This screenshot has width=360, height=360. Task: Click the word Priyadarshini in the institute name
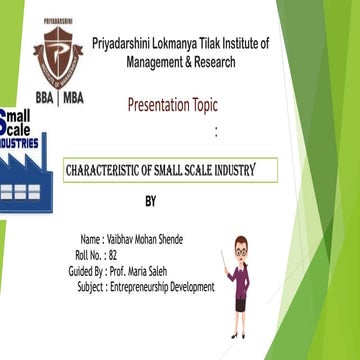[x=125, y=43]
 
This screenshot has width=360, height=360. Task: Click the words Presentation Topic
[x=172, y=105]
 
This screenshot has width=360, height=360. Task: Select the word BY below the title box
[x=151, y=202]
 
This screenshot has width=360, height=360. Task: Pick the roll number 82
[x=113, y=255]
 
